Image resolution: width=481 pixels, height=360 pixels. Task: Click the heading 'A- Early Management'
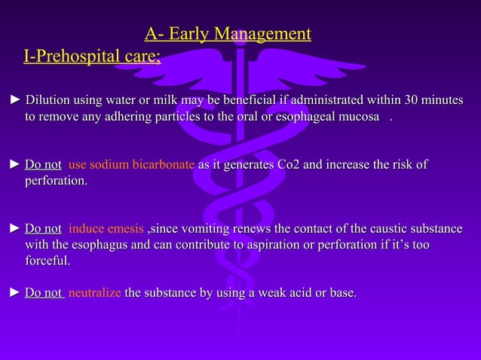(x=228, y=34)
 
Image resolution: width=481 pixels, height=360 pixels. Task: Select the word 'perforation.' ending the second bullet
(x=56, y=182)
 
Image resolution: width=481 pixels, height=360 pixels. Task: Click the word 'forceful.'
(x=47, y=261)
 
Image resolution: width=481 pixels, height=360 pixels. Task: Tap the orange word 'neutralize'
(x=94, y=292)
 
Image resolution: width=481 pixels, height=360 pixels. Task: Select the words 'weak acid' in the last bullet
(x=282, y=292)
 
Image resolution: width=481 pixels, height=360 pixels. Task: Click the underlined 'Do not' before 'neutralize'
(x=44, y=292)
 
